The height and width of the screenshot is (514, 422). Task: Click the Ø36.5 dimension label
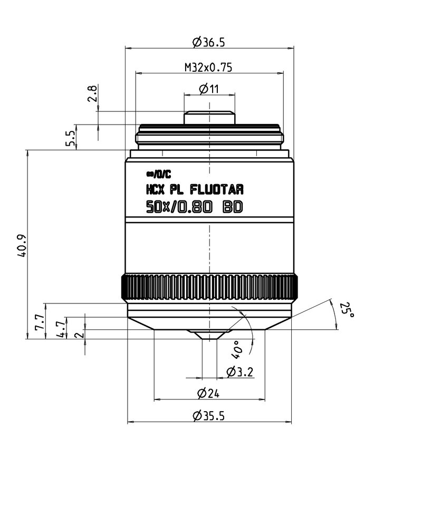[x=209, y=41]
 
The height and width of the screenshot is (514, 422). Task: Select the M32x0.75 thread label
[x=208, y=67]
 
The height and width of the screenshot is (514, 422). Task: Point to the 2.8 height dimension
[x=93, y=94]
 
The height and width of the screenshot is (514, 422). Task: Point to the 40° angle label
[x=236, y=347]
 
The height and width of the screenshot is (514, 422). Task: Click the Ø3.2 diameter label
[x=240, y=372]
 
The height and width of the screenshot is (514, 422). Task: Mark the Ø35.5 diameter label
[x=209, y=416]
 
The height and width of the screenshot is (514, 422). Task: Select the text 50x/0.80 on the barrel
[x=179, y=207]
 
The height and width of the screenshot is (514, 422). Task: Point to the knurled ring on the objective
[x=209, y=288]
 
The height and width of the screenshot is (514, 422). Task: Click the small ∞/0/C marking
[x=159, y=175]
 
